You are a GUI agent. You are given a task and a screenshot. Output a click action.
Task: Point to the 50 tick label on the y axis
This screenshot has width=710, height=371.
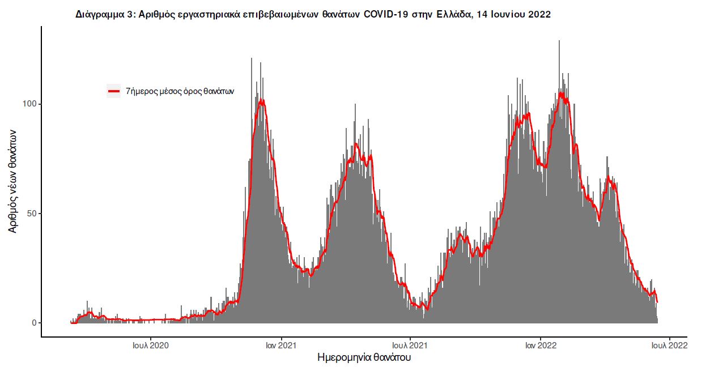click(32, 214)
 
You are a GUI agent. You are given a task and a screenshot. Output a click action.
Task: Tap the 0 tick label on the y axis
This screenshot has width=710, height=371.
click(34, 323)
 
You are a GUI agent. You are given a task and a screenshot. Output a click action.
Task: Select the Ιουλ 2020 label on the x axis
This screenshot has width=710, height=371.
click(150, 344)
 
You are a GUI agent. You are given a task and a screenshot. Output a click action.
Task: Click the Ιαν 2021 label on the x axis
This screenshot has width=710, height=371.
click(280, 344)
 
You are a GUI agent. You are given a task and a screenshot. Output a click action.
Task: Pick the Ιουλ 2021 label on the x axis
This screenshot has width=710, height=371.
click(410, 344)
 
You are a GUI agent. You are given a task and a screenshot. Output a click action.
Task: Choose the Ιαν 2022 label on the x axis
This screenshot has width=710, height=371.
click(540, 344)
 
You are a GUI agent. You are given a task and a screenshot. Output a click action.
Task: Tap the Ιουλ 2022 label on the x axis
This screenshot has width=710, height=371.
click(670, 344)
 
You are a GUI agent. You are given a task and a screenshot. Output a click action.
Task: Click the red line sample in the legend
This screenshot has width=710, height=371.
click(113, 91)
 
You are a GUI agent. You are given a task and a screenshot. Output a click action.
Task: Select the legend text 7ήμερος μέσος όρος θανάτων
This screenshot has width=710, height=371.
click(180, 91)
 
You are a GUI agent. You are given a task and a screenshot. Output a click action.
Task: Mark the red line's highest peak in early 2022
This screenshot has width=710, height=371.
click(560, 93)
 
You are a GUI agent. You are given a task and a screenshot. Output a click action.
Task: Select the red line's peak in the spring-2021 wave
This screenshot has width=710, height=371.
click(356, 144)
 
